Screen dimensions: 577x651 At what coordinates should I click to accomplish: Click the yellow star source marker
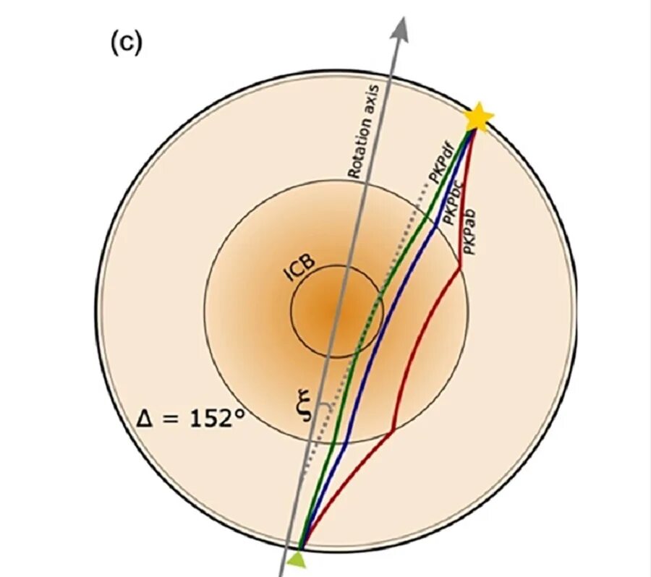(x=477, y=117)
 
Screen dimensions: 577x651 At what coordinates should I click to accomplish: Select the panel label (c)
(x=127, y=44)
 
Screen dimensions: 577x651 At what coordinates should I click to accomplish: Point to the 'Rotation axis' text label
(x=364, y=130)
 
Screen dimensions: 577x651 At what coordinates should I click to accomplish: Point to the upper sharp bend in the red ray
(x=460, y=268)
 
